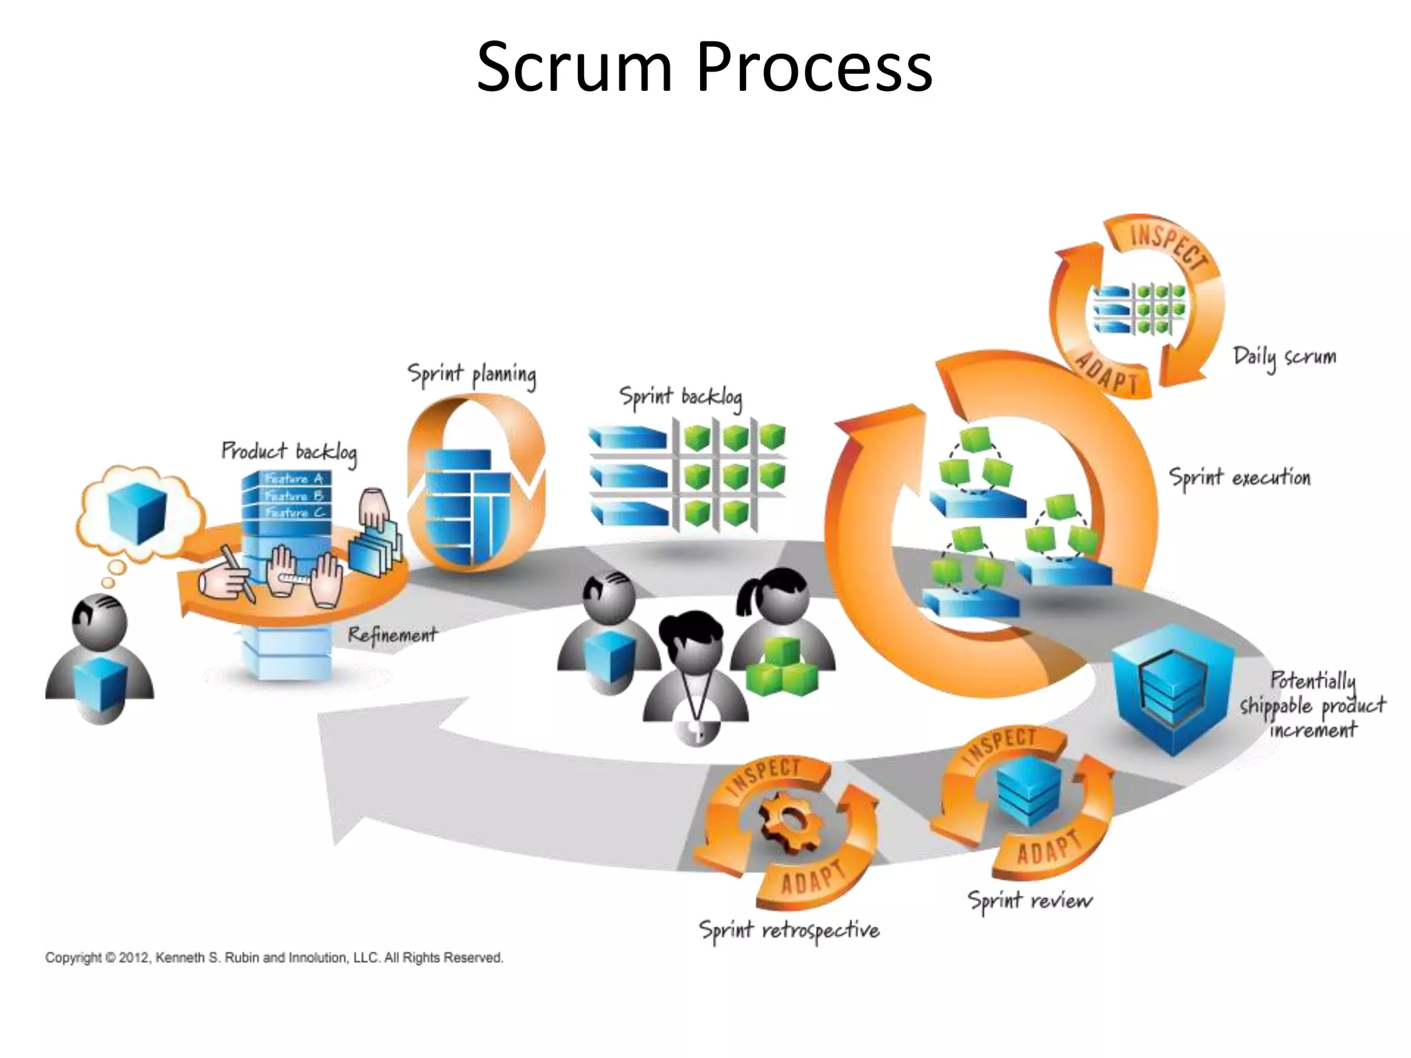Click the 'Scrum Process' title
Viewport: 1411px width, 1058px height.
(x=704, y=67)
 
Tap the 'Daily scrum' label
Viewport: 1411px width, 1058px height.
(x=1284, y=357)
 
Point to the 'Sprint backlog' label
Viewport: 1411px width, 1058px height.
(x=681, y=397)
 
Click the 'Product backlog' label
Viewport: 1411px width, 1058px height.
(x=289, y=452)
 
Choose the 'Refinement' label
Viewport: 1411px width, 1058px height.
(x=392, y=634)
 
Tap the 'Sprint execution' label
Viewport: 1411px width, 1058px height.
(x=1239, y=477)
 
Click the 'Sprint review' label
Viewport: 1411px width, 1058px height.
(x=1029, y=900)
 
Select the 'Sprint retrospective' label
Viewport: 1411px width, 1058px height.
(x=789, y=931)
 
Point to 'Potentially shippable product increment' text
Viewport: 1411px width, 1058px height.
(x=1312, y=705)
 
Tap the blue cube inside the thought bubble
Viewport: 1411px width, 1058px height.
(x=137, y=513)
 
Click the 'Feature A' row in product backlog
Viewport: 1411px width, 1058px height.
(x=293, y=478)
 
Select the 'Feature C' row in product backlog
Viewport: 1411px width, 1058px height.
(x=293, y=512)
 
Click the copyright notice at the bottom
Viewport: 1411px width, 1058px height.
(x=274, y=957)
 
